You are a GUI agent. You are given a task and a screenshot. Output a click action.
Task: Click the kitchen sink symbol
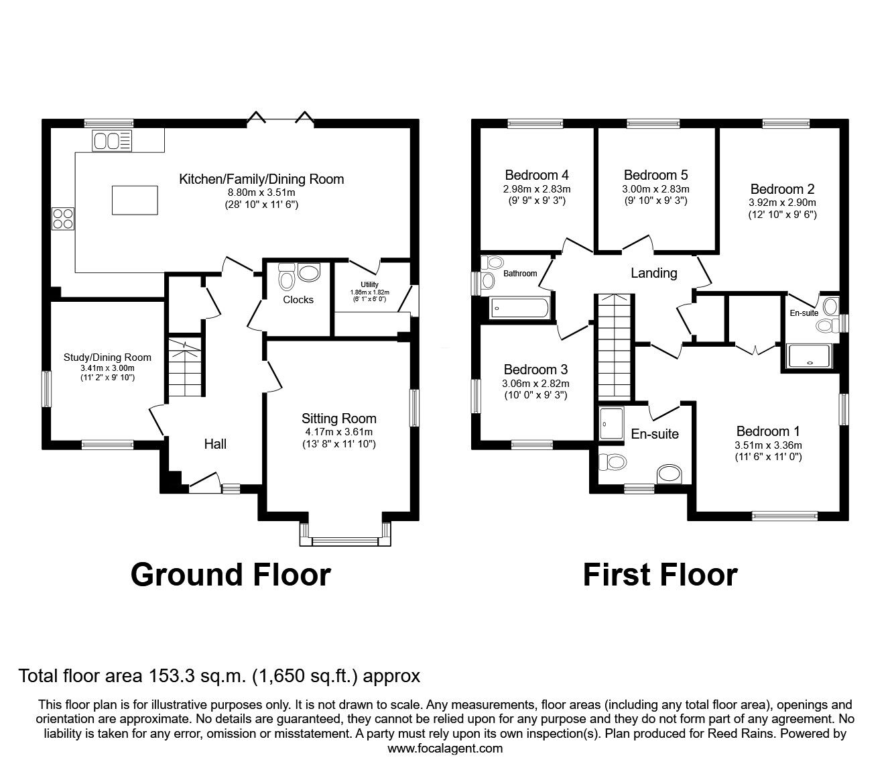click(x=111, y=141)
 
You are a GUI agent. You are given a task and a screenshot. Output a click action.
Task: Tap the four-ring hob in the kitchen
click(x=63, y=219)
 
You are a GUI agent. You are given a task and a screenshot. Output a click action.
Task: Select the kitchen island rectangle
click(x=135, y=201)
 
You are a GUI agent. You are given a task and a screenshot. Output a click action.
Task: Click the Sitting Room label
click(x=339, y=419)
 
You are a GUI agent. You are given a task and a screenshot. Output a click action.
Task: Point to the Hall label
click(x=215, y=444)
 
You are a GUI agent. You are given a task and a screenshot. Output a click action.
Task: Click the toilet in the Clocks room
click(x=286, y=276)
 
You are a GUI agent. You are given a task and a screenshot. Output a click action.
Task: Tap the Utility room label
click(x=369, y=284)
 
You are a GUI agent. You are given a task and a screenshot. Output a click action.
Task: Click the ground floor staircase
click(x=185, y=368)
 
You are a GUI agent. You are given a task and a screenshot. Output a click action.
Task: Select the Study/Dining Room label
click(x=107, y=357)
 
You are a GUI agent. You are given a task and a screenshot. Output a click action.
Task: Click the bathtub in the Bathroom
click(x=519, y=309)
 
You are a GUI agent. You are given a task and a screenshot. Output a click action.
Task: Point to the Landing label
click(x=653, y=273)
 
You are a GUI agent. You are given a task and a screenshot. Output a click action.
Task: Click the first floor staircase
click(x=614, y=347)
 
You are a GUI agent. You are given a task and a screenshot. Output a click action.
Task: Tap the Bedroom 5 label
click(x=655, y=175)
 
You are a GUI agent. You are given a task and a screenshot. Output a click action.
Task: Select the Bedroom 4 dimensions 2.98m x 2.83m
click(x=537, y=189)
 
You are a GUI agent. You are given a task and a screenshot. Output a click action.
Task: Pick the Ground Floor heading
click(x=231, y=575)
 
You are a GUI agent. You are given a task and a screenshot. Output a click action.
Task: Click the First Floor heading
click(x=660, y=575)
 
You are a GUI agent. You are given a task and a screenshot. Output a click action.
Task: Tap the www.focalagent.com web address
click(x=445, y=749)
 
